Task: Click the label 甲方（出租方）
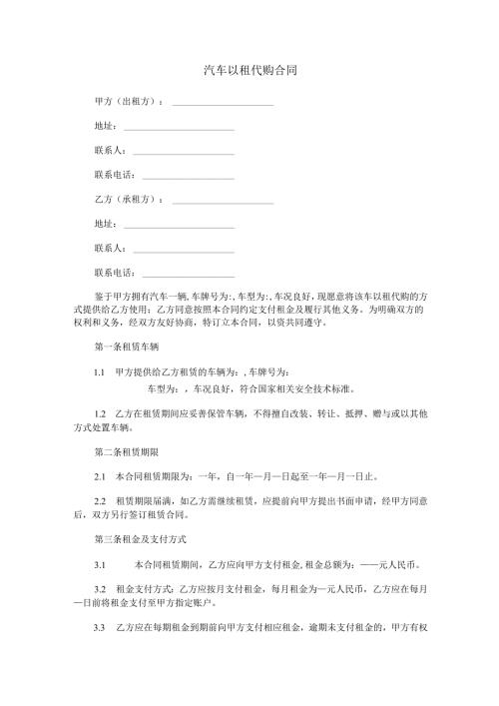click(x=128, y=103)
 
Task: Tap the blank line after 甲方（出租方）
click(x=224, y=104)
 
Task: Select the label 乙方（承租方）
click(x=128, y=199)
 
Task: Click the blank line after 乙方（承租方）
click(x=224, y=200)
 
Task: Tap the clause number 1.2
click(x=99, y=412)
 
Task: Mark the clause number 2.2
click(x=99, y=498)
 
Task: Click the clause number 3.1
click(x=99, y=564)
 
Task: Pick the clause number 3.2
click(x=99, y=591)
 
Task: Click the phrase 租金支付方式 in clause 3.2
click(x=145, y=591)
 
